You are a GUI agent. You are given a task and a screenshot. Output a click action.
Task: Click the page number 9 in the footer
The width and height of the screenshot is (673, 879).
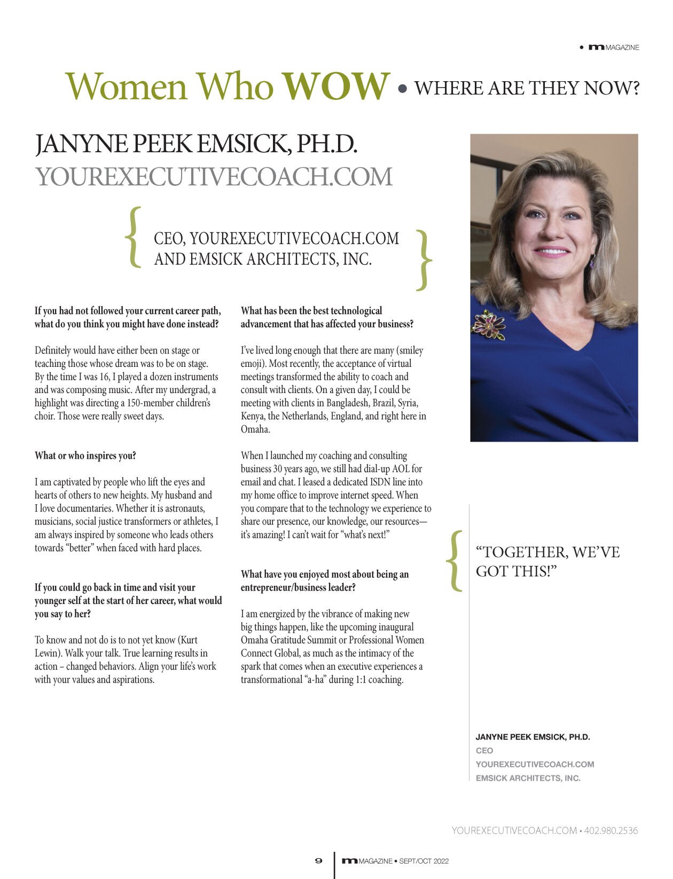(x=319, y=860)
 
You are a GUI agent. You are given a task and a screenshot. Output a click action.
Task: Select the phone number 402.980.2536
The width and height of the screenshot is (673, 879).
(x=611, y=830)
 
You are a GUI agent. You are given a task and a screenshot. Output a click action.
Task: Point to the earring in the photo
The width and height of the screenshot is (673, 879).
(x=592, y=262)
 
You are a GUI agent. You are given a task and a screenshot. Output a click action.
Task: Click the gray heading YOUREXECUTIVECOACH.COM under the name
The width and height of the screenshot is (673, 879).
(x=214, y=177)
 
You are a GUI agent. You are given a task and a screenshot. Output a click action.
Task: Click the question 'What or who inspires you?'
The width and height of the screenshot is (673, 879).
(x=85, y=456)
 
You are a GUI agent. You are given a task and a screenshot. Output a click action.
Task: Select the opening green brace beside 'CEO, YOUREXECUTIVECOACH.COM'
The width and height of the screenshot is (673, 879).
(x=134, y=238)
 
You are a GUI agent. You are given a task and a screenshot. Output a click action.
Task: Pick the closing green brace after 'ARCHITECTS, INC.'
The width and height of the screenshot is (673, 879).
(x=424, y=261)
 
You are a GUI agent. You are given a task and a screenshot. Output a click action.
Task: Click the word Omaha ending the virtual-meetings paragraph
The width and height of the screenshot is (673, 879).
(x=255, y=429)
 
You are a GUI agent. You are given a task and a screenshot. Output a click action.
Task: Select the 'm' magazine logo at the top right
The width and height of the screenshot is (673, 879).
(x=596, y=48)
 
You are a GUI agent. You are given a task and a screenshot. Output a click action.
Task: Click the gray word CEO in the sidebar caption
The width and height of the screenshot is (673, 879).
(x=484, y=750)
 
